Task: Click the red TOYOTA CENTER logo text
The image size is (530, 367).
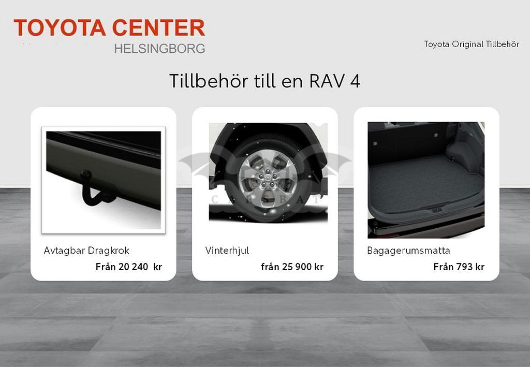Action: point(109,28)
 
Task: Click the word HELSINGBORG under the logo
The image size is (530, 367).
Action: point(159,49)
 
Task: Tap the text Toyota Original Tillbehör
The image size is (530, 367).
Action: point(472,45)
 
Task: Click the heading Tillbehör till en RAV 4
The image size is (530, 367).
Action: point(264,81)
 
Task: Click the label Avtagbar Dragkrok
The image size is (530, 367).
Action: point(86,251)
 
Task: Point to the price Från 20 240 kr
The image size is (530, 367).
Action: point(129,267)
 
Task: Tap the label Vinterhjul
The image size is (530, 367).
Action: point(227,251)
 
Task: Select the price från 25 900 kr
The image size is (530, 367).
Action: point(292,267)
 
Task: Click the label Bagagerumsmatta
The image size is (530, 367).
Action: point(408,251)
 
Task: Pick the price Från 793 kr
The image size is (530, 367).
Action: point(459,267)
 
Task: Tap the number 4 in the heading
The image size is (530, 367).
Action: point(355,81)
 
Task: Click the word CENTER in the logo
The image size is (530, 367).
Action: point(158,28)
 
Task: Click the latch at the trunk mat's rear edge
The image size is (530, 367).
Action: point(436,210)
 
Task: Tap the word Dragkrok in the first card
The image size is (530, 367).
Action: point(108,251)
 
